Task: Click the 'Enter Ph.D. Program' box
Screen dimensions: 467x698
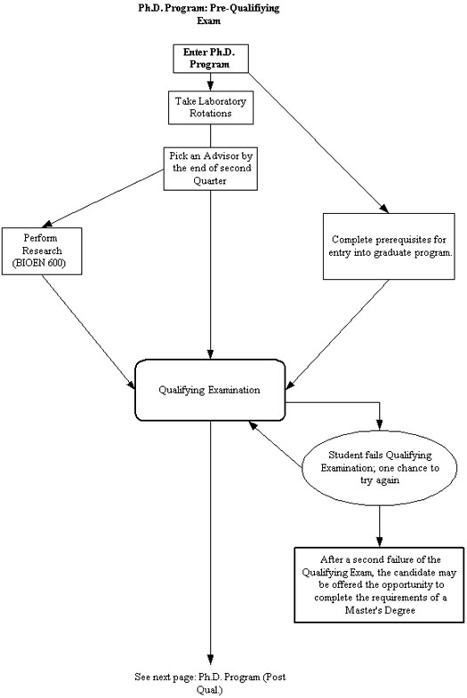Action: (211, 59)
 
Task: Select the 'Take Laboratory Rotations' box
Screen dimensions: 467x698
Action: (211, 107)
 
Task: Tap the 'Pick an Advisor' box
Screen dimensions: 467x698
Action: (211, 169)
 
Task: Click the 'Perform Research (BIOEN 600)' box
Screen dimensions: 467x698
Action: (42, 251)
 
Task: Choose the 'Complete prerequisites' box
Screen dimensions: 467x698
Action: (389, 246)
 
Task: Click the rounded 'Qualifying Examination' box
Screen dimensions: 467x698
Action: (210, 390)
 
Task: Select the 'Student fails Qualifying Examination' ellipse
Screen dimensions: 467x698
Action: (380, 467)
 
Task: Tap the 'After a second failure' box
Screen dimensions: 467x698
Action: (379, 584)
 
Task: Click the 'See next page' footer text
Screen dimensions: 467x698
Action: (210, 683)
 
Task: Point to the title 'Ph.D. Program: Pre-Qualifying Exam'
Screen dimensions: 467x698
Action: (209, 14)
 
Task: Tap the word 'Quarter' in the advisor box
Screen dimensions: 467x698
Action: (210, 181)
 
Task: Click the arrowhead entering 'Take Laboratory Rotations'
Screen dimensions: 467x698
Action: (211, 86)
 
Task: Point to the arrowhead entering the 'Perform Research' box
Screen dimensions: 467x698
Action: (47, 224)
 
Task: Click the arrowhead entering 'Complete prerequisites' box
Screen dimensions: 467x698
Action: (384, 210)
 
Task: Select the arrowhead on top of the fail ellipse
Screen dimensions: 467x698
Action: (380, 424)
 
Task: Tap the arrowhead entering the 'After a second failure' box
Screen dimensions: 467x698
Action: (380, 542)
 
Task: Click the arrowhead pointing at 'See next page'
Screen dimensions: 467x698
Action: (211, 661)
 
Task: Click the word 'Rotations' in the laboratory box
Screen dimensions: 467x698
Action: (211, 113)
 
